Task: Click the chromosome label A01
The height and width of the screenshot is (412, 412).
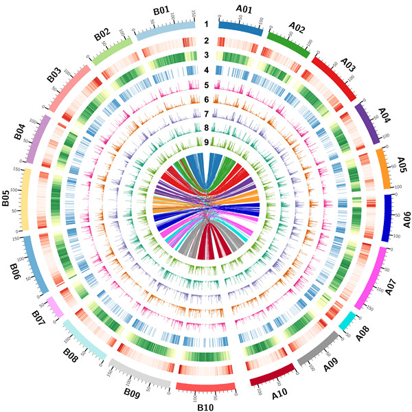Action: pyautogui.click(x=244, y=9)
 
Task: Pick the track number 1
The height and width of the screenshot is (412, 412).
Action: pyautogui.click(x=205, y=24)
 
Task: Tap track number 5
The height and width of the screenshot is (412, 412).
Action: pyautogui.click(x=205, y=85)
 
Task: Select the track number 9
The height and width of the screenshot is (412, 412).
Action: pyautogui.click(x=205, y=142)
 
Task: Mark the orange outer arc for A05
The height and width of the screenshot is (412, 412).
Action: pyautogui.click(x=382, y=168)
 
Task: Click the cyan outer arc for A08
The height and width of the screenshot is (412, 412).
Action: pyautogui.click(x=348, y=320)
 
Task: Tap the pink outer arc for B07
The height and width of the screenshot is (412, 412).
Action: pyautogui.click(x=54, y=310)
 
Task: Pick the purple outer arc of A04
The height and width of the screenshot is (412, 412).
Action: pyautogui.click(x=365, y=122)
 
